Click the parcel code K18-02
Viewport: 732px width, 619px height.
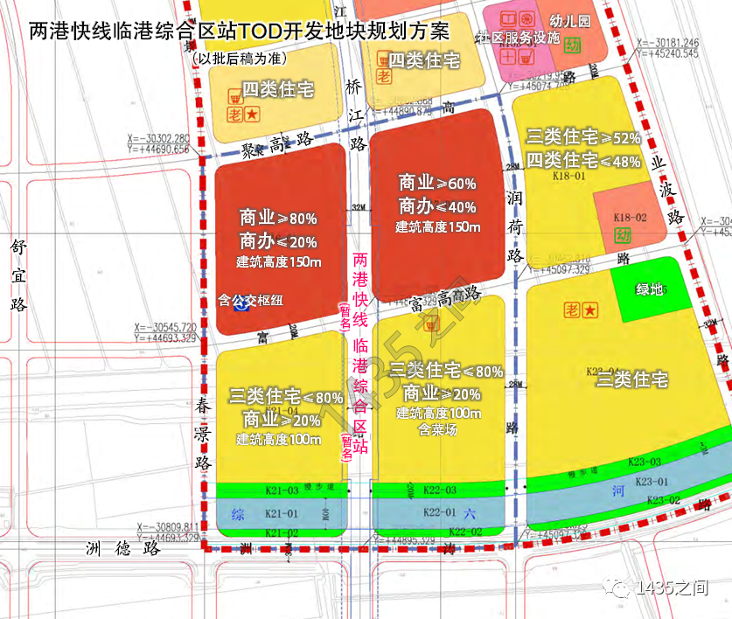pos(630,217)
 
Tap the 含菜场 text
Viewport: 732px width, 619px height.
pos(439,429)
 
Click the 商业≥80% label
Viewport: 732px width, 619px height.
pos(278,218)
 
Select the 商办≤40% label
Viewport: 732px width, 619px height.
pos(437,206)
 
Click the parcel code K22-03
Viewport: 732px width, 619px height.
pos(438,489)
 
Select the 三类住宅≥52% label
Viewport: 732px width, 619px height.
pos(583,138)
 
